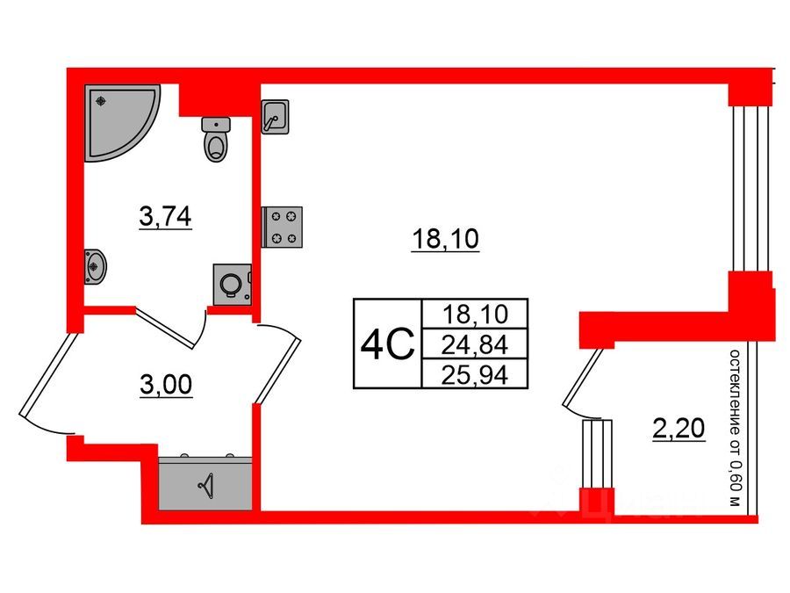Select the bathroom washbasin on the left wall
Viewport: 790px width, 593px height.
click(x=95, y=265)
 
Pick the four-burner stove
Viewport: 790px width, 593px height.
click(x=284, y=226)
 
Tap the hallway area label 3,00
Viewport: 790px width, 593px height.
click(x=165, y=383)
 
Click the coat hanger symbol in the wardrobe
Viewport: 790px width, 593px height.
click(x=207, y=484)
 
